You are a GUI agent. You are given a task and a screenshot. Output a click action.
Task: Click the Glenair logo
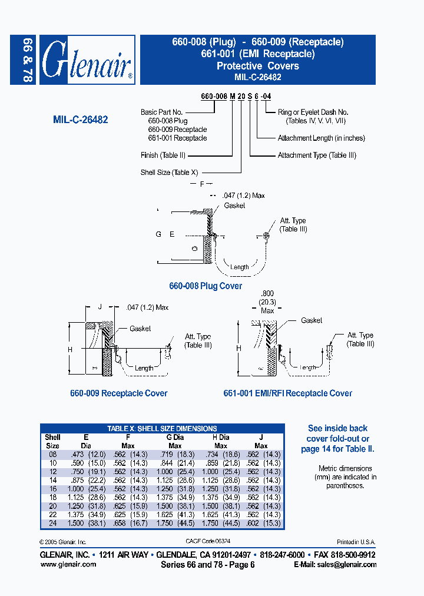[87, 60]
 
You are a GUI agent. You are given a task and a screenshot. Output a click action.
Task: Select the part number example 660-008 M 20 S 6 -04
[236, 95]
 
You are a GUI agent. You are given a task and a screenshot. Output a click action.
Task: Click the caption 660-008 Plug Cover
[206, 286]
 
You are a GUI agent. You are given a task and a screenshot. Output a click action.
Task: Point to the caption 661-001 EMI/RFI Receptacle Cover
[287, 393]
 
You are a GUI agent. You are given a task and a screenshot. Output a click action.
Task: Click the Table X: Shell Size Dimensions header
[162, 429]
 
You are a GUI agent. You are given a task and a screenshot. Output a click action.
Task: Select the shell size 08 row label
[52, 455]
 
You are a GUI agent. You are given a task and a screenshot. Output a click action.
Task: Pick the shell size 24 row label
[52, 523]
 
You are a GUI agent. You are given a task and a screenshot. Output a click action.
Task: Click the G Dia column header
[175, 438]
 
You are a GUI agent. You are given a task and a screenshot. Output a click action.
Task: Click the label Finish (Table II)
[163, 155]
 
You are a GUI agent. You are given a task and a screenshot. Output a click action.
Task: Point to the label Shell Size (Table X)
[170, 173]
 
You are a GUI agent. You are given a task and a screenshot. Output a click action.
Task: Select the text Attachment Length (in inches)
[321, 138]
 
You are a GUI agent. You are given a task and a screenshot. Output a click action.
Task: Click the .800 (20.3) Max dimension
[268, 302]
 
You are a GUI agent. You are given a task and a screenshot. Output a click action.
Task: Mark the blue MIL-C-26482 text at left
[80, 119]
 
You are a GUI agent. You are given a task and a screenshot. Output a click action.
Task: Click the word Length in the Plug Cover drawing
[239, 267]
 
